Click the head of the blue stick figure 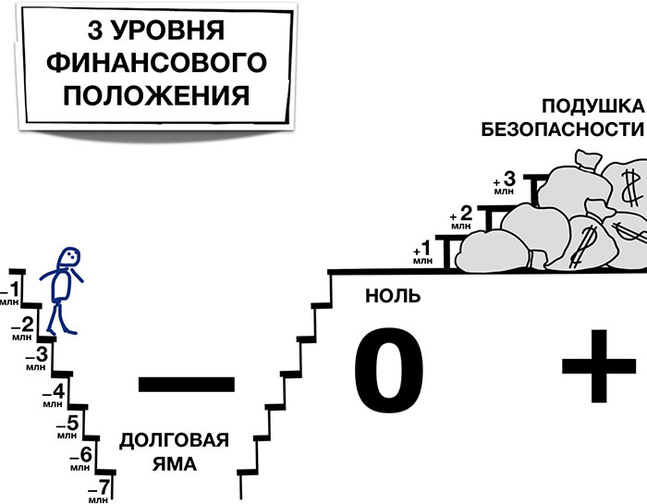[68, 259]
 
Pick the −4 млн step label [53, 393]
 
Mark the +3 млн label [504, 182]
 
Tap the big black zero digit [388, 373]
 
